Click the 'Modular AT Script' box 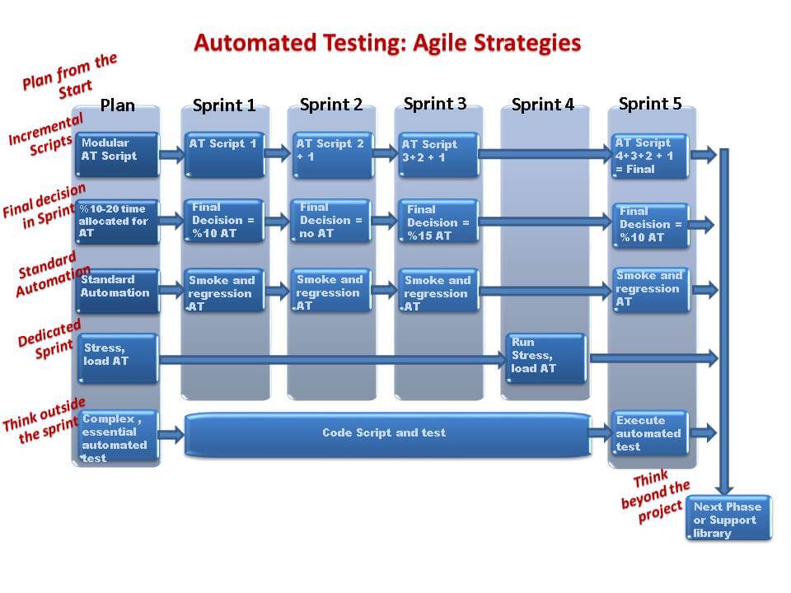(117, 154)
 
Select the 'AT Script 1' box (224, 155)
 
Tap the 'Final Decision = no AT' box (331, 221)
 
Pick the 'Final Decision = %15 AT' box (438, 222)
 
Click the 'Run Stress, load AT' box (545, 358)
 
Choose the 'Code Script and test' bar (387, 434)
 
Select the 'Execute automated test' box (650, 433)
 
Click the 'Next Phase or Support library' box (729, 518)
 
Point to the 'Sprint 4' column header (543, 105)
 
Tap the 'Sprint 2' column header (331, 105)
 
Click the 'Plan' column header (118, 105)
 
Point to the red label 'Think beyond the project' (655, 496)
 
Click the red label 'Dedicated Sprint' (49, 339)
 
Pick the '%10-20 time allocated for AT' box (117, 222)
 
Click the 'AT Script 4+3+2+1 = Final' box (650, 156)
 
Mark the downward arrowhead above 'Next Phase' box (724, 488)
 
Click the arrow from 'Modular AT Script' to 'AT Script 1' (172, 154)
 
